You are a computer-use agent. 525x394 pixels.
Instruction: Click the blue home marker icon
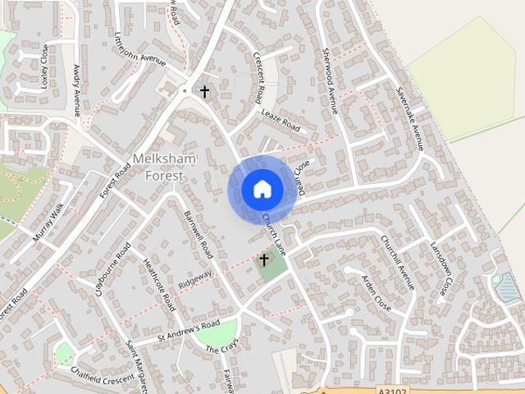click(x=262, y=190)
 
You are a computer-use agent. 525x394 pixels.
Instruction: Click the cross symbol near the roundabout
click(x=204, y=91)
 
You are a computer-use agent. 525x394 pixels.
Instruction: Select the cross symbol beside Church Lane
click(x=264, y=259)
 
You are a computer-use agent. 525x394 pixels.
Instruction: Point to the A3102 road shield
click(x=395, y=390)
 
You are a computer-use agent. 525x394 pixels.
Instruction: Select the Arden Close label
click(x=377, y=292)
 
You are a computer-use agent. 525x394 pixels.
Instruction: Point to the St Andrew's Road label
click(x=178, y=332)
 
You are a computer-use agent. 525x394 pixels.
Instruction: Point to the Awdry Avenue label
click(x=77, y=90)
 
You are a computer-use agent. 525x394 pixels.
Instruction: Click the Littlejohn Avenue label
click(x=139, y=51)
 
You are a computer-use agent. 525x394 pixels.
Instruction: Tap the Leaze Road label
click(x=281, y=121)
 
